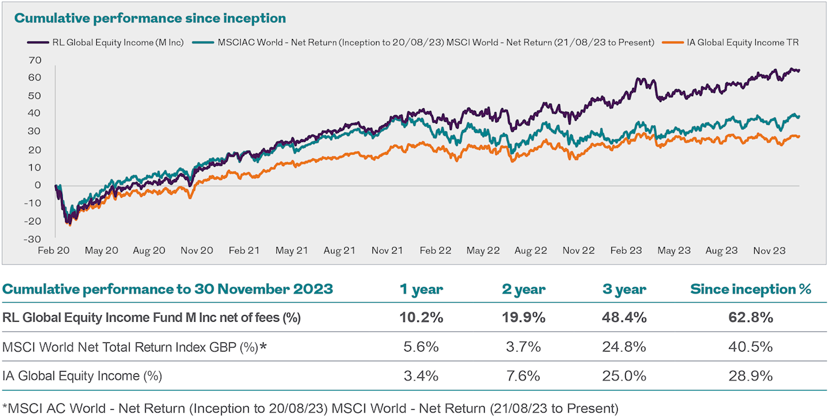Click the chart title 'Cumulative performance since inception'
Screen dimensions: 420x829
pos(150,18)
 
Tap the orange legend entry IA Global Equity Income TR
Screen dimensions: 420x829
pos(740,42)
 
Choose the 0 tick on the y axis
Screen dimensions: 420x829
pos(37,185)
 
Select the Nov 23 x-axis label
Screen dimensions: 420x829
pos(769,251)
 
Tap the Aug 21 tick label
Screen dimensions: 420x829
pos(340,251)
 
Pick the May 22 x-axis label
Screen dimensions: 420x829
pos(482,251)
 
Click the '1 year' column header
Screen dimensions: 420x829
pos(422,289)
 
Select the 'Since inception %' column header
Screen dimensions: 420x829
pos(751,289)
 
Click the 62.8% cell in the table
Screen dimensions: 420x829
pos(751,318)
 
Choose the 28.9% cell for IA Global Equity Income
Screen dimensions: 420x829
pos(751,376)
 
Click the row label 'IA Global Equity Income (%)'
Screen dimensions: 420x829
pos(82,376)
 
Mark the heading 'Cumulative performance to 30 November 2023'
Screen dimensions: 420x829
pos(168,289)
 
